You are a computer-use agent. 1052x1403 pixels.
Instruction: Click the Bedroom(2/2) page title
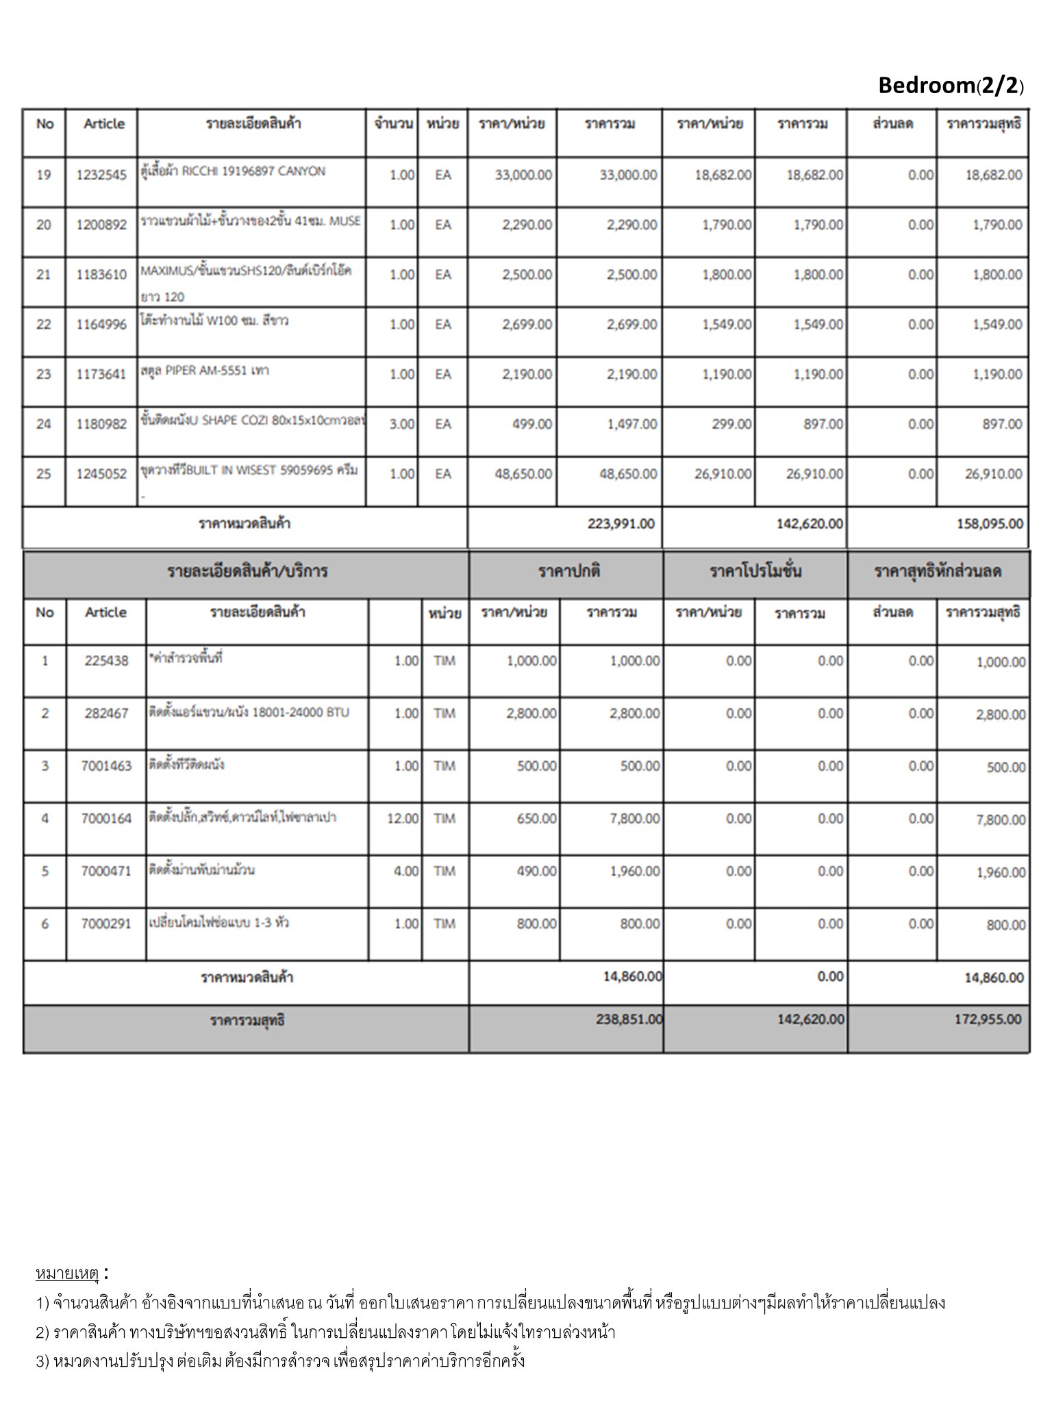click(x=951, y=86)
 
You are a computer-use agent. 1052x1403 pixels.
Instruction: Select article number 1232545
click(x=101, y=175)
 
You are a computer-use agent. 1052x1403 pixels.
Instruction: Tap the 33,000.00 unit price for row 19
click(x=523, y=175)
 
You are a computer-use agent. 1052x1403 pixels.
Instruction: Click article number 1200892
click(x=101, y=225)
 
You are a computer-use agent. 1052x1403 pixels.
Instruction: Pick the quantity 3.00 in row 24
click(x=401, y=425)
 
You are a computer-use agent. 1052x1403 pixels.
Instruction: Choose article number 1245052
click(x=101, y=474)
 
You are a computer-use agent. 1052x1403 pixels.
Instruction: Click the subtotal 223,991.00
click(x=621, y=524)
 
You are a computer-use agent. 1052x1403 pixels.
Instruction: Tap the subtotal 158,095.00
click(x=990, y=524)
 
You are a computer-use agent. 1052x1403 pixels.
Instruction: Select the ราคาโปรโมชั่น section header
click(x=755, y=571)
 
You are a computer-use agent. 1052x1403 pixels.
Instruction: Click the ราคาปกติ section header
click(x=568, y=571)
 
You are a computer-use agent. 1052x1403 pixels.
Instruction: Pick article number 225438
click(x=106, y=661)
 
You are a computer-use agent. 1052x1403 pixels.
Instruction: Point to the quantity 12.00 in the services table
click(x=403, y=819)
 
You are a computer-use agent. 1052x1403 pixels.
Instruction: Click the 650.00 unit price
click(x=536, y=819)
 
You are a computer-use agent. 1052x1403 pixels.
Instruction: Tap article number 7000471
click(x=106, y=871)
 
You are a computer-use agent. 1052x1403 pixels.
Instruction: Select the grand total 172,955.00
click(x=988, y=1019)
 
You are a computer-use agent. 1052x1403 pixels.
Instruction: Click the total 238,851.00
click(x=629, y=1019)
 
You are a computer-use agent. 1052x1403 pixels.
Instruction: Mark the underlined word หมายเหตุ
click(x=67, y=1274)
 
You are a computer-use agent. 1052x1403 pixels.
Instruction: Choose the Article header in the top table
click(x=104, y=124)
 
